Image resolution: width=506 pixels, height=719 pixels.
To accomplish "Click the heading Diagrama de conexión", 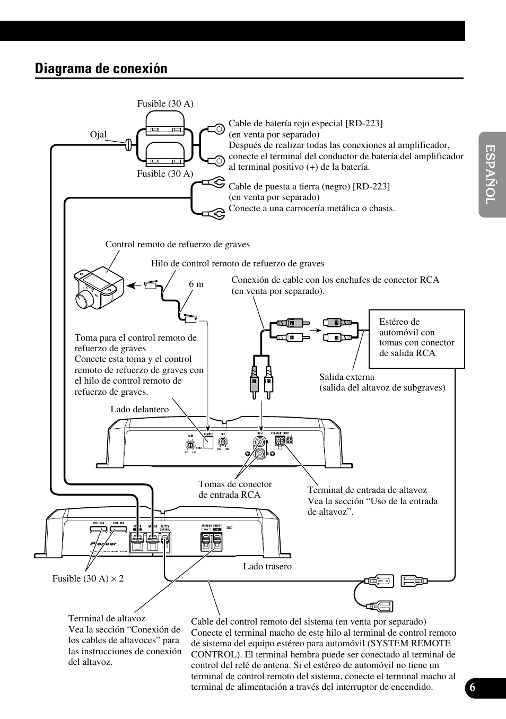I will point(101,68).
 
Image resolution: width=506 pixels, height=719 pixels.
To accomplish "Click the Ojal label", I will point(98,134).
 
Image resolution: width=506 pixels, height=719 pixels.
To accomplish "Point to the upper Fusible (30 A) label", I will point(165,103).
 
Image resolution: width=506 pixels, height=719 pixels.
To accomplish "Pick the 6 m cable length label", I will point(196,284).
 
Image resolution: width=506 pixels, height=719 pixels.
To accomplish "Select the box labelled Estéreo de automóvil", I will point(416,339).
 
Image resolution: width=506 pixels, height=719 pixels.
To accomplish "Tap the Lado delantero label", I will point(139,409).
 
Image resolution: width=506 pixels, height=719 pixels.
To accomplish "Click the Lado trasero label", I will point(267,566).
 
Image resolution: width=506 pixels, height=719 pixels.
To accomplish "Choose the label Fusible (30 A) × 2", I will point(88,578).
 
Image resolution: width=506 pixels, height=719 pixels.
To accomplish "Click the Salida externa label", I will point(347,377).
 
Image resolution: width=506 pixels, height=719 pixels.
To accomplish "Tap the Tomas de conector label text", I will point(235,484).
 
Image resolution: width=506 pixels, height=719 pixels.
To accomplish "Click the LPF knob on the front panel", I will point(224,441).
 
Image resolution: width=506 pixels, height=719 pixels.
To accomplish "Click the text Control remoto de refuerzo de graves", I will point(177,244).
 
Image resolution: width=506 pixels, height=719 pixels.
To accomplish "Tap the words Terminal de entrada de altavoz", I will point(367,490).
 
